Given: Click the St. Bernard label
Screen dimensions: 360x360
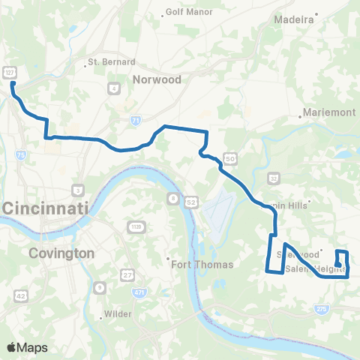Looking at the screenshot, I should [x=112, y=61].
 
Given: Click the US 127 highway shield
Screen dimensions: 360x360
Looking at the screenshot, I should [x=9, y=71].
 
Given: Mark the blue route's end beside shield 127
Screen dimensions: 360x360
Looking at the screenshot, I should [x=12, y=84].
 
